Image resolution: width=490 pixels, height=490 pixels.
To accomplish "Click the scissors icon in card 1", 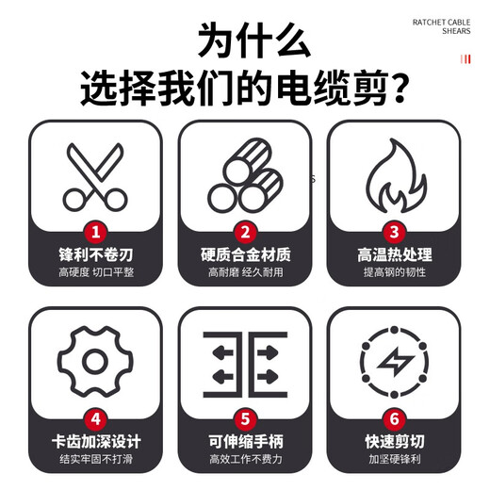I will coord(93,176).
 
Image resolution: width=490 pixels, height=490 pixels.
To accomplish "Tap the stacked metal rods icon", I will coord(245,176).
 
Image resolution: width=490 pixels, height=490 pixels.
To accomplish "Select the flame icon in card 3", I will coord(394,176).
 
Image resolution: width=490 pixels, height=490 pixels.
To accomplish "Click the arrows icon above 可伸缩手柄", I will coord(245,363).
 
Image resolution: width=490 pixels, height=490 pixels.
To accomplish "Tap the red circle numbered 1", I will coord(94,232).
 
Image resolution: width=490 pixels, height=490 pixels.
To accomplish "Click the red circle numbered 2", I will coord(245,232).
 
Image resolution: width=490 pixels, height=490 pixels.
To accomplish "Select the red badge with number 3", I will coord(395,232).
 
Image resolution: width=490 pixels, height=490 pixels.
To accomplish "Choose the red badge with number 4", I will coord(94,417).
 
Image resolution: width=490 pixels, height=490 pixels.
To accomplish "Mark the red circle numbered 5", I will coord(245,417).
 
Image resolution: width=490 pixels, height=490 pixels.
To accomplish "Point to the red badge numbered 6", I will coord(395,417).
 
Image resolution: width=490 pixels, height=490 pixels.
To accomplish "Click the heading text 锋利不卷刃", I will coord(94,254).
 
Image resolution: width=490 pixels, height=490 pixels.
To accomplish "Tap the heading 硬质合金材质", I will coord(245,254).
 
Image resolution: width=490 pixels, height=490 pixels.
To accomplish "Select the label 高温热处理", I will coord(395,254).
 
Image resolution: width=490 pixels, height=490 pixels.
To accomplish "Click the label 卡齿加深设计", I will coord(94,440).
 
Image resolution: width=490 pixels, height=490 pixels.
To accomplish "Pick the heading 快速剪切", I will coord(395,440).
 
